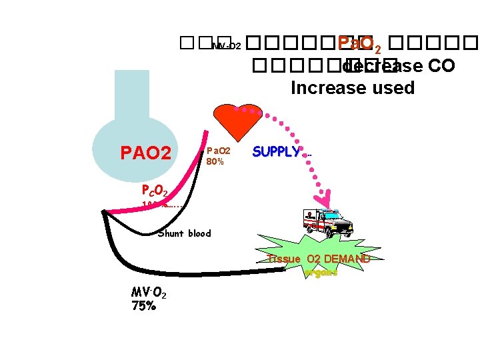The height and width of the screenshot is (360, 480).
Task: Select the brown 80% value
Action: pyautogui.click(x=215, y=161)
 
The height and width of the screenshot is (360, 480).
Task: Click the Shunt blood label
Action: pyautogui.click(x=185, y=233)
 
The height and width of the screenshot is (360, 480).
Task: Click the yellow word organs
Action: pyautogui.click(x=321, y=272)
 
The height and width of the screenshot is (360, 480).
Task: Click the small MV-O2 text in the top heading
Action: pyautogui.click(x=226, y=47)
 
